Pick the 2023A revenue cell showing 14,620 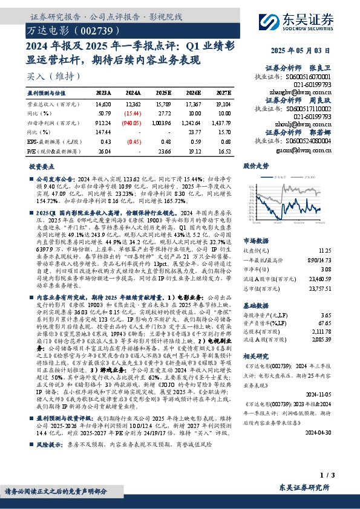pyautogui.click(x=103, y=105)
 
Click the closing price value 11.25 pyautogui.click(x=342, y=249)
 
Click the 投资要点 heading pyautogui.click(x=41, y=165)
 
